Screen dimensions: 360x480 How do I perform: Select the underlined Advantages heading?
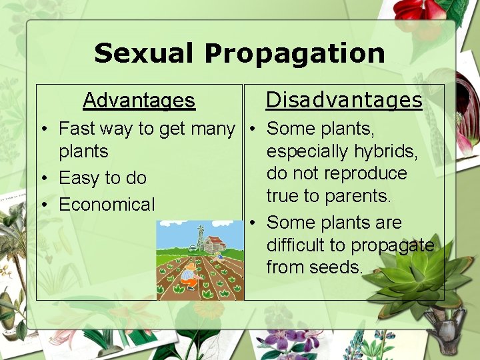tap(139, 101)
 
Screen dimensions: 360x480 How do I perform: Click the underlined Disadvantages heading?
tap(344, 100)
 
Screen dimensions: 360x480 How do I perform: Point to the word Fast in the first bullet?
tap(75, 128)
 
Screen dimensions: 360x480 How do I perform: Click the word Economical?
tap(107, 205)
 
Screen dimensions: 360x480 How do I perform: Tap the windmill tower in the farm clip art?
tap(200, 237)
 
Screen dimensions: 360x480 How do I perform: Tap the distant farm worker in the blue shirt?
tap(221, 255)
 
